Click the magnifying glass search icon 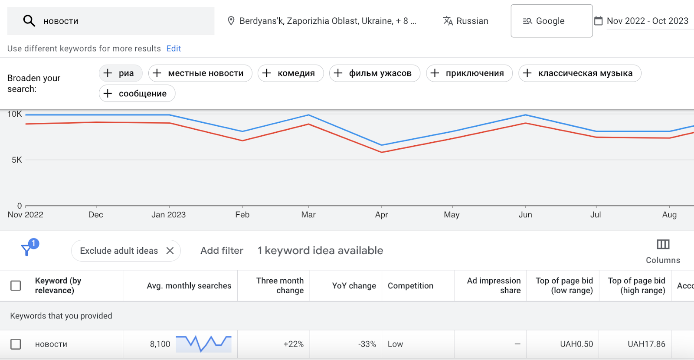(29, 21)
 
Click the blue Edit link (173, 49)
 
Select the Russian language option (465, 21)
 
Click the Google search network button (551, 21)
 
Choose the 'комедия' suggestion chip (291, 73)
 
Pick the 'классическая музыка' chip (579, 73)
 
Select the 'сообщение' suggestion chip (137, 93)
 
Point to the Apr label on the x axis (381, 215)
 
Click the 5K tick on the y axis (17, 160)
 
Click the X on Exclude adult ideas (170, 251)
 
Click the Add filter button (222, 251)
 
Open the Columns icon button (663, 245)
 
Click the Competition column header (410, 286)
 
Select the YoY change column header (354, 286)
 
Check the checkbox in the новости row (16, 344)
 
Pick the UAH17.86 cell (646, 344)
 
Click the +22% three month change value (293, 344)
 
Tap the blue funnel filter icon (27, 249)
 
